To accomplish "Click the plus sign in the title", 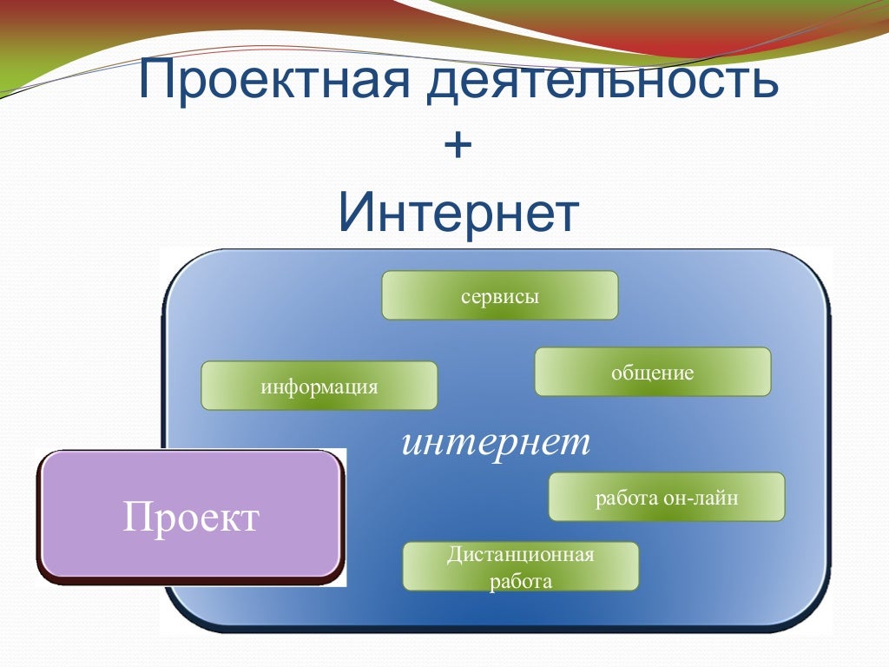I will (x=458, y=147).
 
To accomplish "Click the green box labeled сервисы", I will (x=500, y=295).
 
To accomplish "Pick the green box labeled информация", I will (x=319, y=386).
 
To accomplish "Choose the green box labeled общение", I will (x=653, y=372).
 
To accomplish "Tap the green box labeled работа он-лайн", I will (x=667, y=497).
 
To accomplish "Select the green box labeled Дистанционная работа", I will (x=521, y=566).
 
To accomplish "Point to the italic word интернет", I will (x=496, y=442).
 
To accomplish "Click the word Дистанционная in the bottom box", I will (x=521, y=554).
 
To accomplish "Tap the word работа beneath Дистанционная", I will (x=521, y=581).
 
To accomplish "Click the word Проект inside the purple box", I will (x=191, y=518).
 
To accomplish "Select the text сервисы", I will (x=500, y=296).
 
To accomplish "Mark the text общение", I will (x=653, y=373).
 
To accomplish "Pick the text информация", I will (x=319, y=387).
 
